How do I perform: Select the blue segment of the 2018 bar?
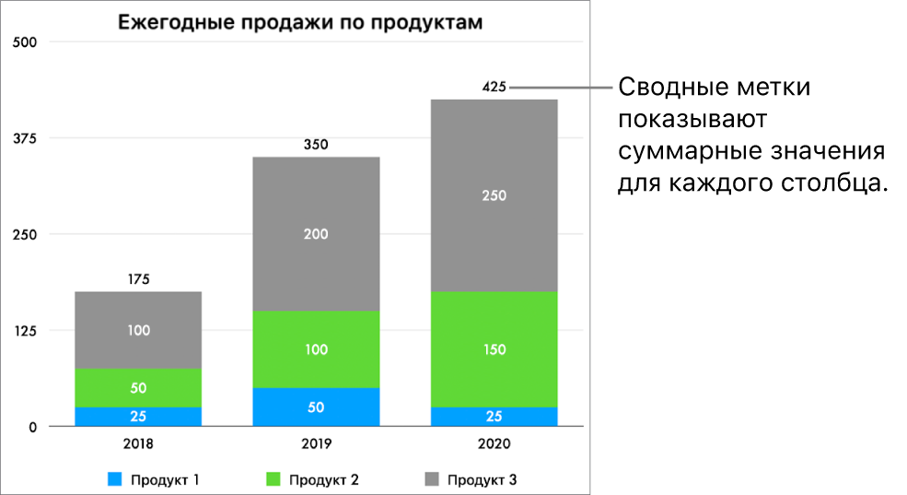point(138,417)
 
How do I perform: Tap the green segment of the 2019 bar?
point(316,349)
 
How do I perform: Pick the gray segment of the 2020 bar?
point(494,195)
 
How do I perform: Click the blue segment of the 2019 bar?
point(316,407)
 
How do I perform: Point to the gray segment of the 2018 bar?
point(138,330)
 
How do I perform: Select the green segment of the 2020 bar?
point(494,349)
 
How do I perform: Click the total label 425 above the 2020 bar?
point(494,88)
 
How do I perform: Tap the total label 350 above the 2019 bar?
point(316,145)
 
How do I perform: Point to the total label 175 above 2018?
point(138,279)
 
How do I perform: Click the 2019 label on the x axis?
point(316,442)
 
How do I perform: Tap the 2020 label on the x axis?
point(494,442)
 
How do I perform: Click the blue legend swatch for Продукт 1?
point(115,479)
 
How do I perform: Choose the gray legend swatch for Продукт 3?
point(431,479)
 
